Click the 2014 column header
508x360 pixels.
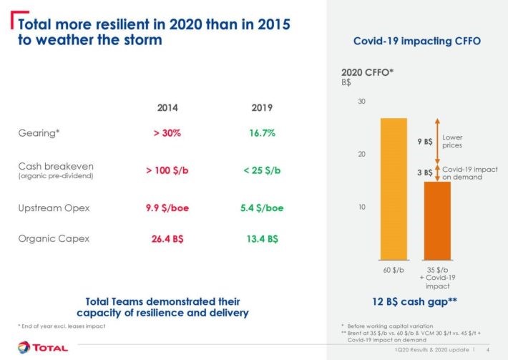[167, 108]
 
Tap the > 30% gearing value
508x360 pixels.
[167, 133]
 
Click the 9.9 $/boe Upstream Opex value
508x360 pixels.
[167, 208]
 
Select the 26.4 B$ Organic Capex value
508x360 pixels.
[167, 239]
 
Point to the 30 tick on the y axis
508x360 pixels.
[361, 102]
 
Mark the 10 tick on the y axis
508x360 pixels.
[361, 207]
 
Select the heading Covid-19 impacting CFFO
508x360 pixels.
[417, 42]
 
